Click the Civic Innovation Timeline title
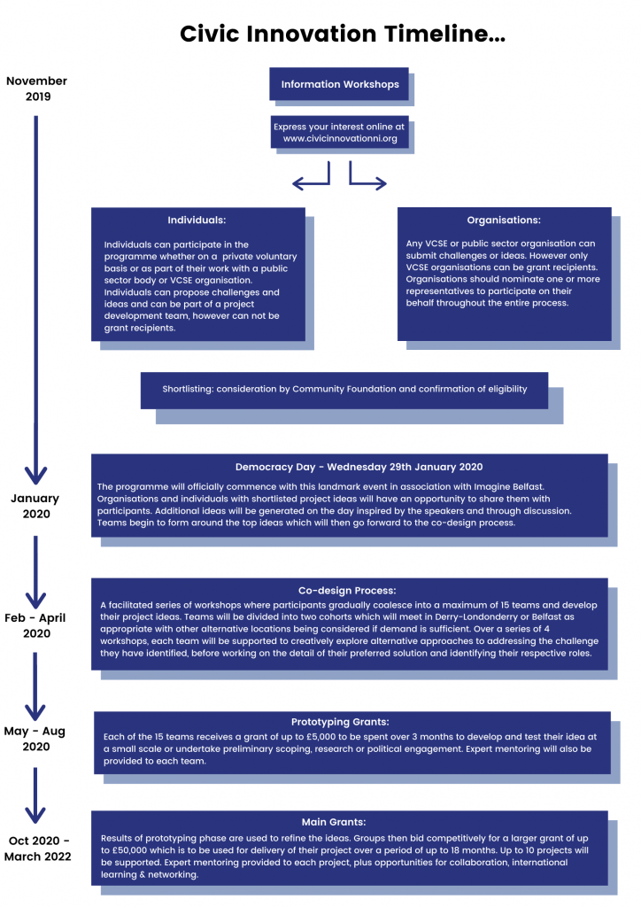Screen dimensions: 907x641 pyautogui.click(x=343, y=34)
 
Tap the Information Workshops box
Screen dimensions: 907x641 pyautogui.click(x=339, y=85)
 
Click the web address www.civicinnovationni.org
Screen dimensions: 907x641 pyautogui.click(x=340, y=139)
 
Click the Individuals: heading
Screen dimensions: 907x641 pyautogui.click(x=197, y=220)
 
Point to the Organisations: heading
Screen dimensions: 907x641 pyautogui.click(x=504, y=220)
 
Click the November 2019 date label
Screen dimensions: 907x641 pyautogui.click(x=36, y=89)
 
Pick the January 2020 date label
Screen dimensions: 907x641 pyautogui.click(x=35, y=506)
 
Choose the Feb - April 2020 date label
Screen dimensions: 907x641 pyautogui.click(x=36, y=625)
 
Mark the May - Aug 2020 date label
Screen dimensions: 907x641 pyautogui.click(x=36, y=740)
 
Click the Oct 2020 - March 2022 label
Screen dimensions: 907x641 pyautogui.click(x=36, y=849)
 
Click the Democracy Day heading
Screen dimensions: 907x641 pyautogui.click(x=359, y=467)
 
